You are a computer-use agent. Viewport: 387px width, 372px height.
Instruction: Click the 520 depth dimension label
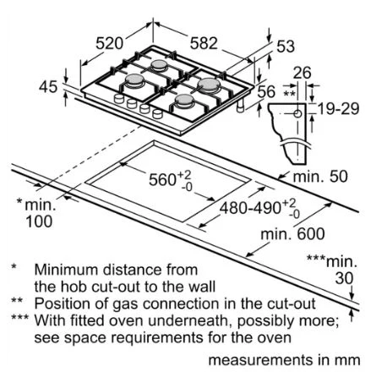(109, 43)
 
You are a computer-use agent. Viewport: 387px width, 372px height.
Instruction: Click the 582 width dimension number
(204, 43)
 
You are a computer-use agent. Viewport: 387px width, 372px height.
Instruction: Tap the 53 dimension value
(286, 46)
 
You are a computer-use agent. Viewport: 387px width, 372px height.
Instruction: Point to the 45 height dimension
(48, 86)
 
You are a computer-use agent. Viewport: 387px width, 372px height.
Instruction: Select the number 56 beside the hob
(266, 91)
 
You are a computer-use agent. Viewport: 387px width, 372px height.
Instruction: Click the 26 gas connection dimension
(302, 73)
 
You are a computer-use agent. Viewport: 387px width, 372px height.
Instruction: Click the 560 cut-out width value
(162, 179)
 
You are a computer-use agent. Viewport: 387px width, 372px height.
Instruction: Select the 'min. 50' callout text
(320, 177)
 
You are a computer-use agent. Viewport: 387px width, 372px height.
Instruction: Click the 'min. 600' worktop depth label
(292, 234)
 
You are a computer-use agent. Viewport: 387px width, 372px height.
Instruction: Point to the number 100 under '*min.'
(39, 222)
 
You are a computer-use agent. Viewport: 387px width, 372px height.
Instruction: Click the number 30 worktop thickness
(344, 278)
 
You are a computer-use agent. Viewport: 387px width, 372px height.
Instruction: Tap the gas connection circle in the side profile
(297, 114)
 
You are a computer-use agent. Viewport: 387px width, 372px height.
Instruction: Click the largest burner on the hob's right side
(209, 85)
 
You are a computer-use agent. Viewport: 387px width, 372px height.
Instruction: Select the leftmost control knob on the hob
(119, 99)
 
